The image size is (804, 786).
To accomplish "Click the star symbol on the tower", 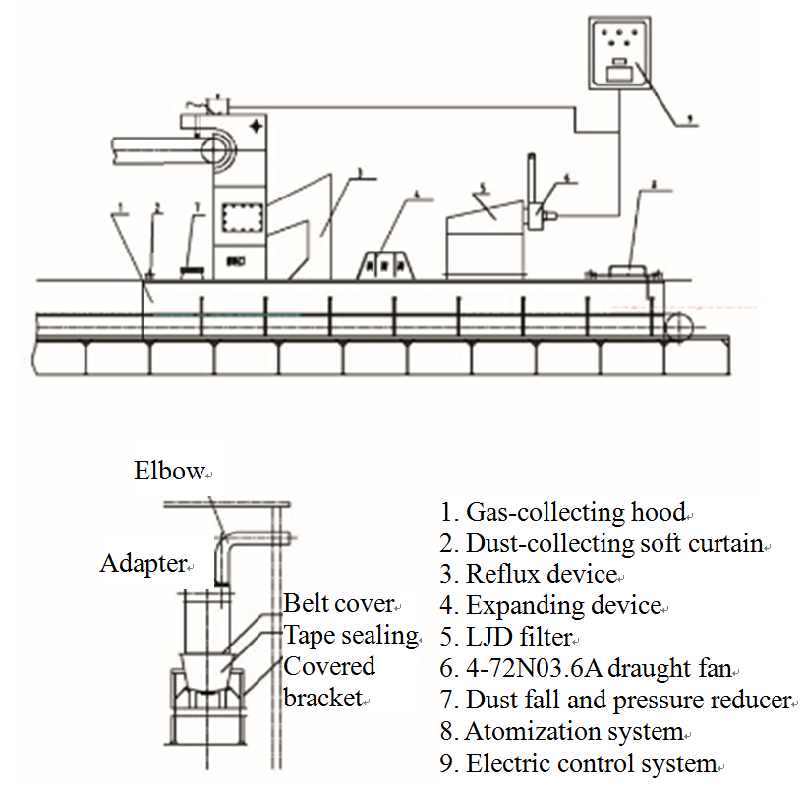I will pos(257,126).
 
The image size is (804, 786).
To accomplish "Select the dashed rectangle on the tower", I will pos(241,217).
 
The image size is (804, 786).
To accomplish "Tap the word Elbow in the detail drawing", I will pos(169,471).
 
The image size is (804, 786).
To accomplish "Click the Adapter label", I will pos(144,564).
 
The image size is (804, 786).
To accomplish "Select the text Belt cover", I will pos(337,602).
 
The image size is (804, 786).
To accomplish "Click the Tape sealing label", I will pos(350,636).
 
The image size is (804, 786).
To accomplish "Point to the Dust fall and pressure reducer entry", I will pos(616,701).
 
